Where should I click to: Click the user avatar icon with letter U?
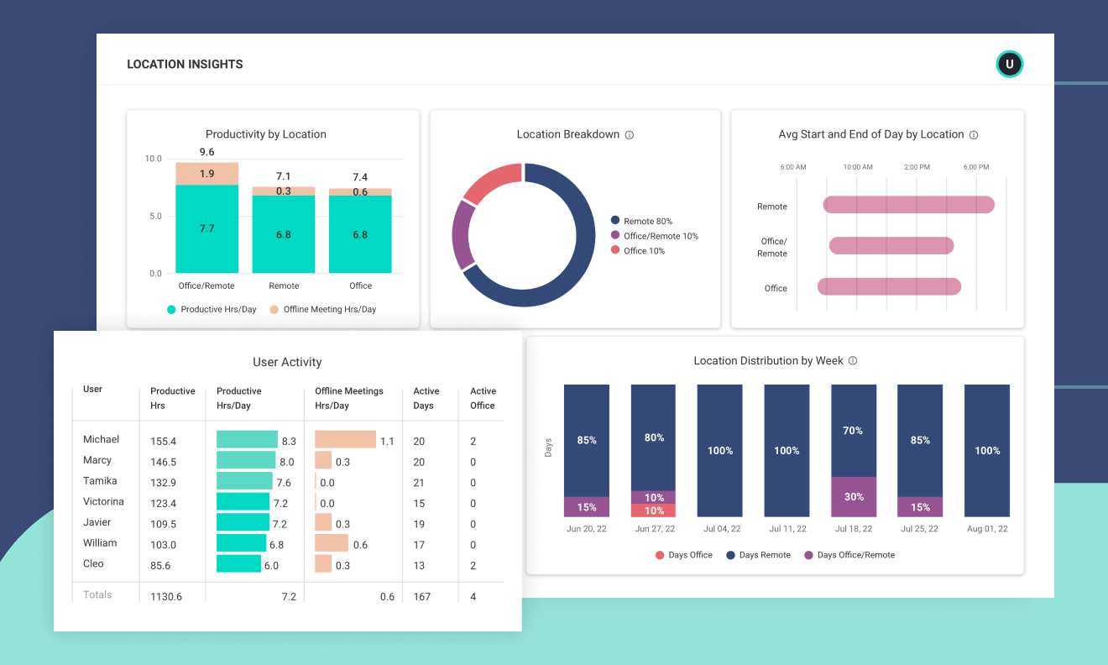point(1009,65)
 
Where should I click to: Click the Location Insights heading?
point(185,65)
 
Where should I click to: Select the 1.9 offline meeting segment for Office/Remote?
point(207,174)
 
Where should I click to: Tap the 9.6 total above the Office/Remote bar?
point(207,152)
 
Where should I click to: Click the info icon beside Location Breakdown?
point(630,135)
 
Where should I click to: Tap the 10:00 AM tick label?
point(858,167)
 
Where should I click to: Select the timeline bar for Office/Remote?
point(891,245)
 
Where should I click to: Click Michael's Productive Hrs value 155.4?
point(163,441)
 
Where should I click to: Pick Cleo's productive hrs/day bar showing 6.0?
point(238,564)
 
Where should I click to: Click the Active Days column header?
point(426,398)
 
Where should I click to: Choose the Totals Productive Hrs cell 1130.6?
point(165,597)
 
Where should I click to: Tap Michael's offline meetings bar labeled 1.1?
point(345,440)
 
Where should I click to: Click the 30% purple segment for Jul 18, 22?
point(854,496)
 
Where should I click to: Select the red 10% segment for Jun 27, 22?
point(653,511)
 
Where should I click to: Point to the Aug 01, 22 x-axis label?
point(986,529)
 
